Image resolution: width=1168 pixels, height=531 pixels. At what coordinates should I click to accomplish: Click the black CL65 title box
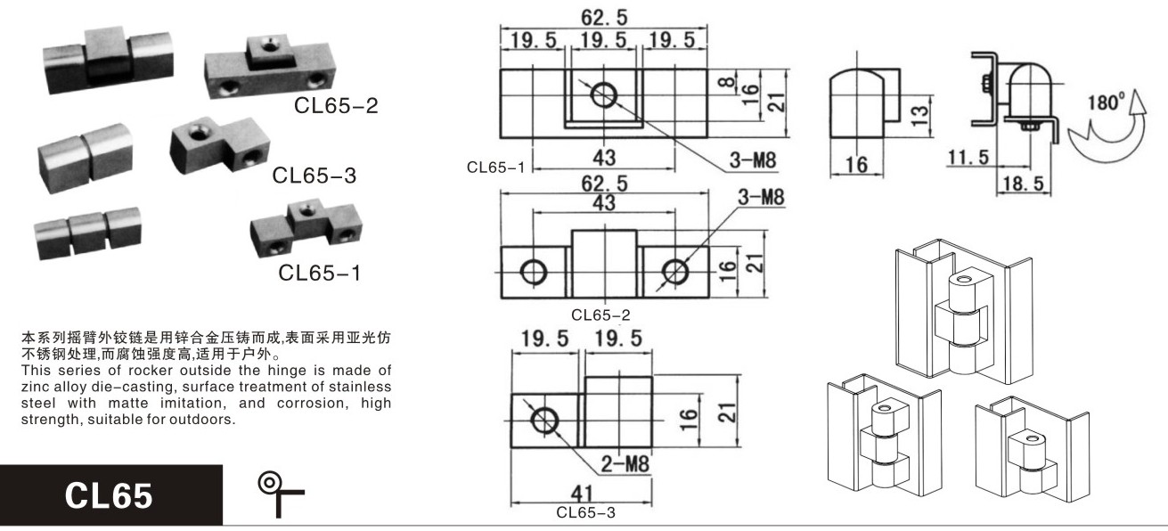tap(111, 494)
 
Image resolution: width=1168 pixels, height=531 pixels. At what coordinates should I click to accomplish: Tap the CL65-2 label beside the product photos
tap(336, 105)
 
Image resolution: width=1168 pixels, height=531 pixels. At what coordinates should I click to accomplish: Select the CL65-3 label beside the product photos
tap(314, 176)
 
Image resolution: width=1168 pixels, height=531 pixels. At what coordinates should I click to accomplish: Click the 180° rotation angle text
tap(1106, 102)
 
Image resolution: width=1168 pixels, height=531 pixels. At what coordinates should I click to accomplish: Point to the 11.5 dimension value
tap(968, 157)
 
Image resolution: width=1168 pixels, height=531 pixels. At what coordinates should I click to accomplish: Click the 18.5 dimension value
tap(1023, 184)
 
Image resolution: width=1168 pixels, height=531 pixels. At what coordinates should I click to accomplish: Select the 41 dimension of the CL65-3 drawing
tap(582, 494)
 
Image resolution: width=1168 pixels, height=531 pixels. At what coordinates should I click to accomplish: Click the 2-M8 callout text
tap(625, 463)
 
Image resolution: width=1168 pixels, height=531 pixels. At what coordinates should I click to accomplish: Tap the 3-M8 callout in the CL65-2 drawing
tap(761, 197)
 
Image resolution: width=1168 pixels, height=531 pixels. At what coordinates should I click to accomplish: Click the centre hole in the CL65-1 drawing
tap(604, 95)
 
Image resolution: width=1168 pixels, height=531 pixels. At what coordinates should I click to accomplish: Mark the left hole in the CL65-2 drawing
tap(534, 272)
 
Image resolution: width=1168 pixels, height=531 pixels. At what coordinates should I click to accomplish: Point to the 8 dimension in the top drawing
tap(726, 82)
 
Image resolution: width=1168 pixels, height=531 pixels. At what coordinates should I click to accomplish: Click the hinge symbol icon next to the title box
tap(281, 494)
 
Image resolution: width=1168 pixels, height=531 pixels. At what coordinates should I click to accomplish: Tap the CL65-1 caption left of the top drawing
tap(495, 167)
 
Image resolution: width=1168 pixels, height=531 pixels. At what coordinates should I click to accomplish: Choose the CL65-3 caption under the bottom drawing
tap(585, 513)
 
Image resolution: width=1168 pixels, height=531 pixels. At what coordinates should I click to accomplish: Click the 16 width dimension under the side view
tap(856, 165)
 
